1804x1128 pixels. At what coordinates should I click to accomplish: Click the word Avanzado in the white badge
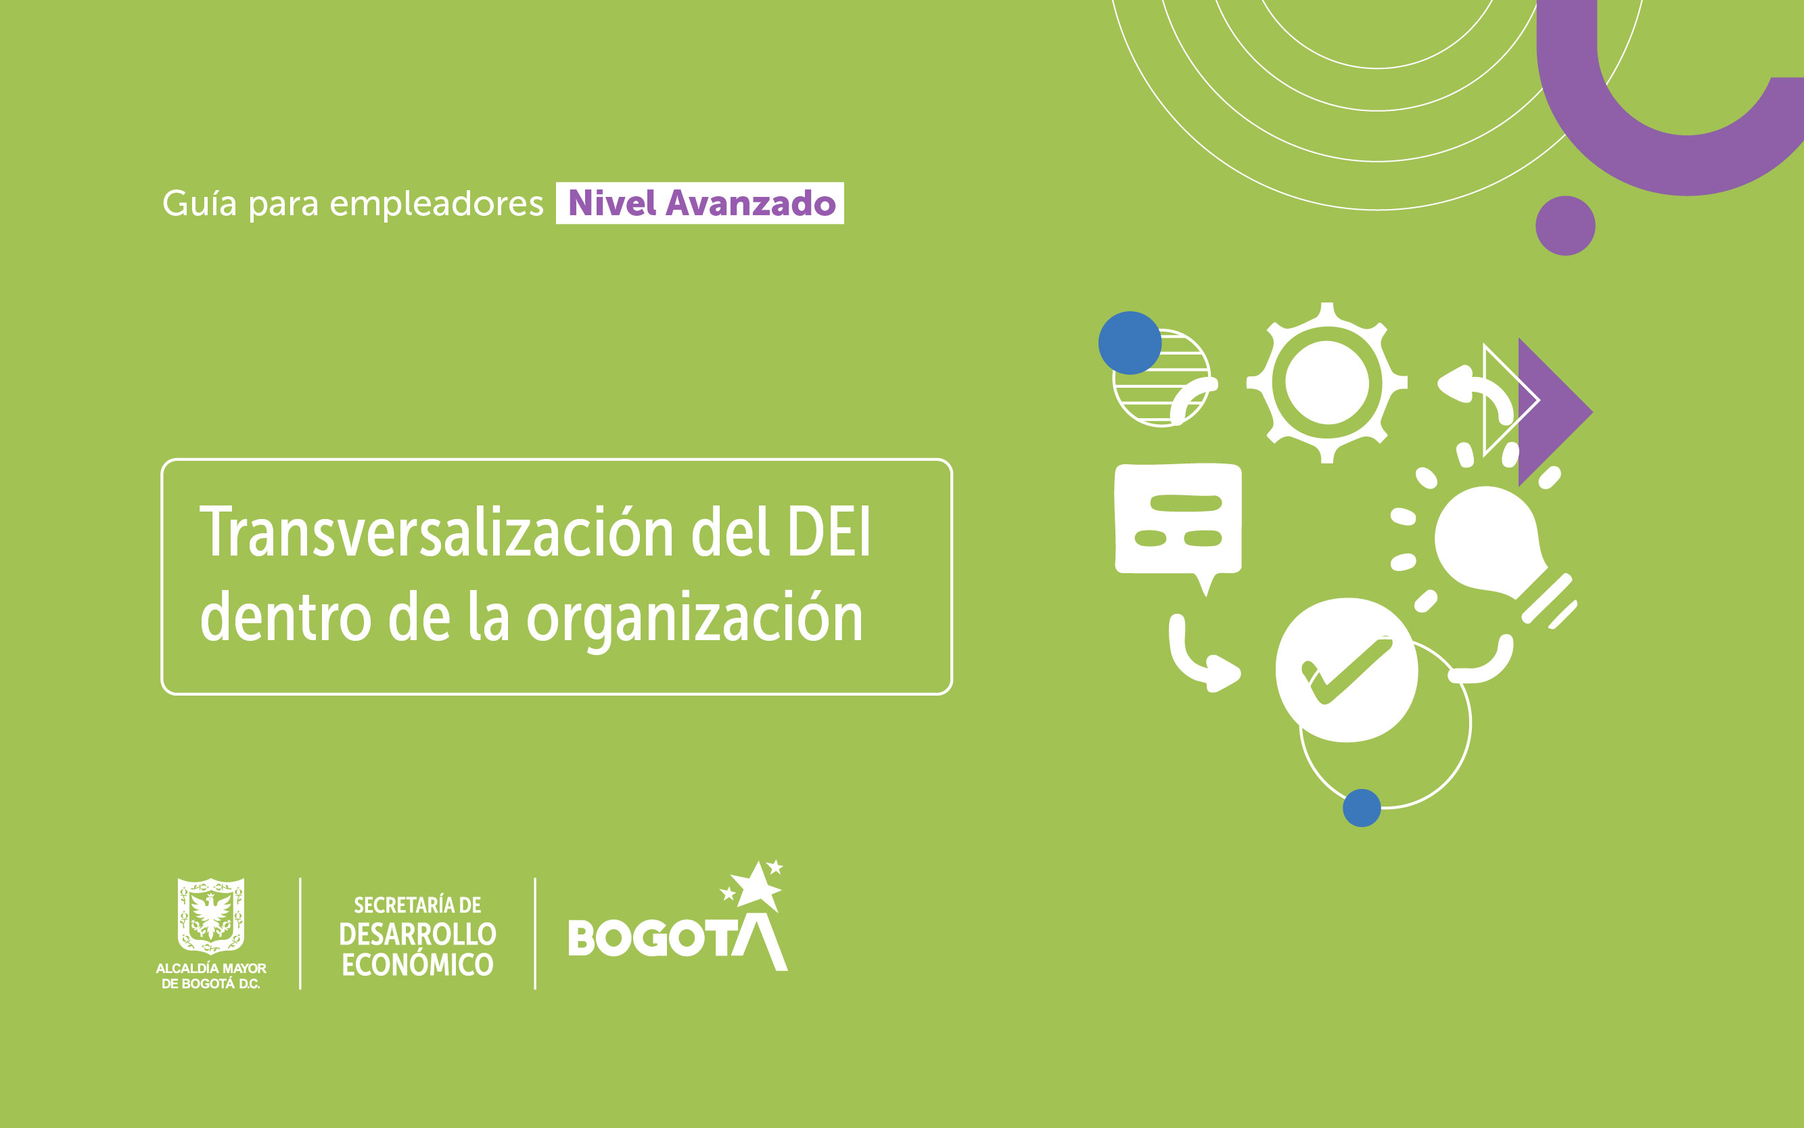click(x=750, y=203)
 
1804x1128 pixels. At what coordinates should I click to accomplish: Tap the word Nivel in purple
click(x=612, y=203)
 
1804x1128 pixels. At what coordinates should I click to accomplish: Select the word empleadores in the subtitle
click(x=436, y=204)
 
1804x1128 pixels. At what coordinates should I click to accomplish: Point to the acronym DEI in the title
click(x=829, y=532)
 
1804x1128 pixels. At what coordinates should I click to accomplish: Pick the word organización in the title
click(x=695, y=618)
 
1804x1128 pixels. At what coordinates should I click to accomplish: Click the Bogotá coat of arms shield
click(x=211, y=916)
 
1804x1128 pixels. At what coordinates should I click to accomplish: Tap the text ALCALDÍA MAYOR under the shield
click(x=211, y=968)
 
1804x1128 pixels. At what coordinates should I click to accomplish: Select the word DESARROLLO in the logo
click(x=417, y=934)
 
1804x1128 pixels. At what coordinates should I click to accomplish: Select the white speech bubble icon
click(x=1178, y=522)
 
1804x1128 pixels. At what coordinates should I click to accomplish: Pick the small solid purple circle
click(x=1565, y=225)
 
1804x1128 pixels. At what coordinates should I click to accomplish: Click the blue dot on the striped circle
click(x=1130, y=342)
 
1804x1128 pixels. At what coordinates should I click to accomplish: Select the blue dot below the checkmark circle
click(x=1362, y=808)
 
